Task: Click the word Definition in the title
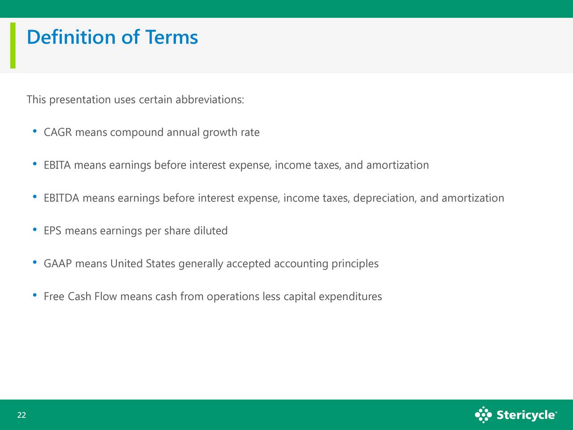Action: (71, 37)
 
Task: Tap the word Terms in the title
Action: (171, 37)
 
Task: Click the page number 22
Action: (21, 415)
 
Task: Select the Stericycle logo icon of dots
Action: (483, 415)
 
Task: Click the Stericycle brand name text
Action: (527, 415)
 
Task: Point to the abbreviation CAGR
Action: (58, 133)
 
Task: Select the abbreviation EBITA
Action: (57, 165)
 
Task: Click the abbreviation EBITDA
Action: (61, 198)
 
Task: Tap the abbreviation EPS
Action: (52, 231)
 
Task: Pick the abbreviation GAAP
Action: (58, 264)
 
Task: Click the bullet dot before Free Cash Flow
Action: (35, 295)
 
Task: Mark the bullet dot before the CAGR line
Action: (35, 131)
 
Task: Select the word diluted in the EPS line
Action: (210, 231)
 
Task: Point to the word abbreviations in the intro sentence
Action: (210, 100)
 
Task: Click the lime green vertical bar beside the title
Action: (13, 45)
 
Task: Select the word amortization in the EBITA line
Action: (398, 165)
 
